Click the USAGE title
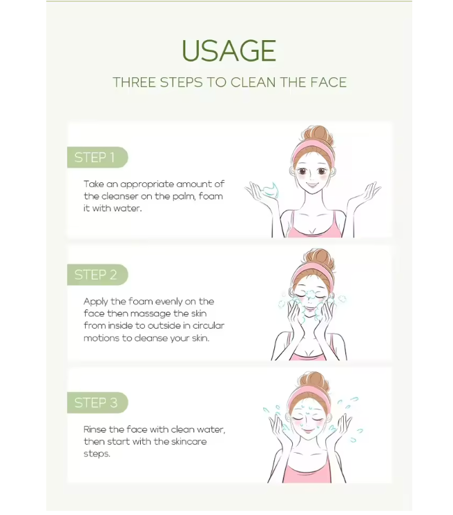(229, 50)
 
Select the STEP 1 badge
(97, 157)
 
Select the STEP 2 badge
(97, 275)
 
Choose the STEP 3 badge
(97, 402)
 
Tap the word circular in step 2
(204, 325)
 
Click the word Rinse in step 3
(95, 429)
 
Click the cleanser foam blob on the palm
(269, 190)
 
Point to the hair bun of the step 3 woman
(314, 382)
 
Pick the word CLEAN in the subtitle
(253, 82)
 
